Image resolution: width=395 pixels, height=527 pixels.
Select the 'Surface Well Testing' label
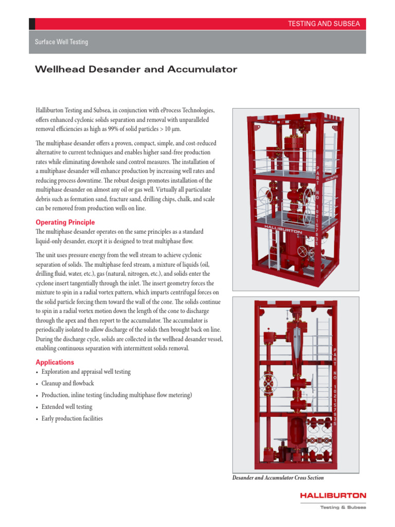click(61, 42)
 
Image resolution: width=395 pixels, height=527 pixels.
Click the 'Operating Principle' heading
click(65, 222)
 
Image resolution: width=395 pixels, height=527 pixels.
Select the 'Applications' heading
click(55, 362)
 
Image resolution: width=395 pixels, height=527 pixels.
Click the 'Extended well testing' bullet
click(67, 407)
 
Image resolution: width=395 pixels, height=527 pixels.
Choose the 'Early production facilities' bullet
click(72, 418)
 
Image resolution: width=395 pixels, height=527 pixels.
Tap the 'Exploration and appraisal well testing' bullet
click(86, 372)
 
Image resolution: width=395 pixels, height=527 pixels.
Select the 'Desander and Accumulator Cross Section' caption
click(278, 478)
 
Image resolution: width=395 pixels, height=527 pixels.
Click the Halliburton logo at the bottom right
click(334, 496)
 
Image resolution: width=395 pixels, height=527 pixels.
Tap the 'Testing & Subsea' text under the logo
click(343, 507)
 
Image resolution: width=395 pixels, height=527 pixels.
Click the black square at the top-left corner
click(32, 24)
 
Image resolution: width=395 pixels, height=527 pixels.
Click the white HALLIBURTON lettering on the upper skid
click(283, 226)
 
